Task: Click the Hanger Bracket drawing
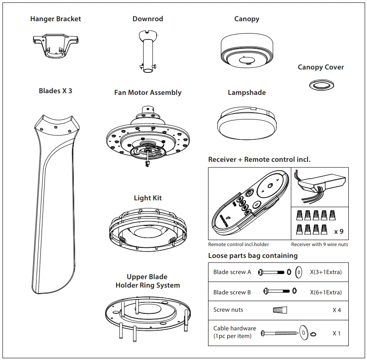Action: click(56, 45)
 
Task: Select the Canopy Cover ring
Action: click(320, 84)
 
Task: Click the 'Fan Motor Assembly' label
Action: click(147, 93)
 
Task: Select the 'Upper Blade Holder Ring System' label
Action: click(147, 281)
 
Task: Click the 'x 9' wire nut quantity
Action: click(339, 232)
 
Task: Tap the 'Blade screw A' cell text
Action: click(232, 272)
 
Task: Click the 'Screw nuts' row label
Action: click(228, 310)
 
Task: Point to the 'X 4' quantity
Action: click(336, 310)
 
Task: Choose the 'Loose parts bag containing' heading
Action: click(253, 255)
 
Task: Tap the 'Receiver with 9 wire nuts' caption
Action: click(320, 244)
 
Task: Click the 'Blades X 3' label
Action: click(56, 91)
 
